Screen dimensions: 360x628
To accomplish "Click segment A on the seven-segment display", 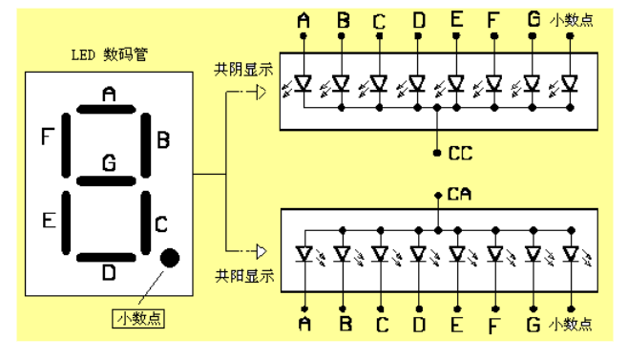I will [108, 107].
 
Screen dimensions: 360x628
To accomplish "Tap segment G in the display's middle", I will [108, 180].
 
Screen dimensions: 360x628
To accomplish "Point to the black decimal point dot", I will [171, 258].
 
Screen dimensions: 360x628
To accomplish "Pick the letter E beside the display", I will [47, 222].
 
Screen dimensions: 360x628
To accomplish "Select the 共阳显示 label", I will [244, 277].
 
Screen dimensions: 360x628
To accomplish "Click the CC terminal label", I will [460, 153].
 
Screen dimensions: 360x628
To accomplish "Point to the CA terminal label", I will [460, 196].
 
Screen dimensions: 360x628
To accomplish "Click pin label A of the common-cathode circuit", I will [304, 19].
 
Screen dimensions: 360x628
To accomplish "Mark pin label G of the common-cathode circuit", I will [532, 19].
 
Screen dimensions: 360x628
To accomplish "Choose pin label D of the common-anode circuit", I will [418, 326].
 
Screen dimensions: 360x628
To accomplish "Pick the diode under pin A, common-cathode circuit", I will [304, 84].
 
